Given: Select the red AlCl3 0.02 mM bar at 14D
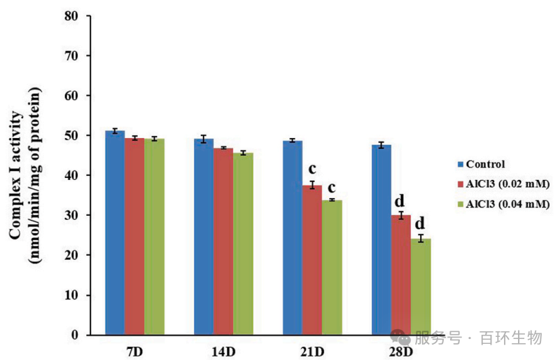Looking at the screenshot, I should pyautogui.click(x=223, y=242).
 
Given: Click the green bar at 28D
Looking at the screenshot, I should pyautogui.click(x=421, y=286).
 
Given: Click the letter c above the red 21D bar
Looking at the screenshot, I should pyautogui.click(x=312, y=169).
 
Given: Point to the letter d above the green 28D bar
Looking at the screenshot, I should pyautogui.click(x=421, y=224).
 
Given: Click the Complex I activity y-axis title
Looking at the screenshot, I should pyautogui.click(x=24, y=175).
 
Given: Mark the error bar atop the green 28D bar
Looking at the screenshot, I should pyautogui.click(x=421, y=239).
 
